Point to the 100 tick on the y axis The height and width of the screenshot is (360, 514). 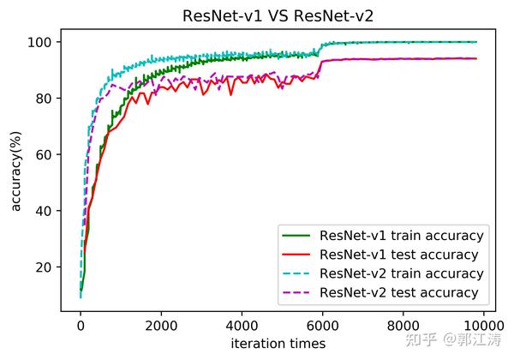[47, 42]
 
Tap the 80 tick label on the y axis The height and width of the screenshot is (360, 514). [51, 99]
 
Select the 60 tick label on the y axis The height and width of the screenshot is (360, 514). [51, 154]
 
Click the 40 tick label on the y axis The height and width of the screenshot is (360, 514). [51, 211]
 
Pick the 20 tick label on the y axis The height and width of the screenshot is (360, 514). [51, 267]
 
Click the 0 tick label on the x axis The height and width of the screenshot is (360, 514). [81, 326]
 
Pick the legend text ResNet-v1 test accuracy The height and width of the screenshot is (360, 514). [398, 255]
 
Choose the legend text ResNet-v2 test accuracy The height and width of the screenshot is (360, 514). [398, 293]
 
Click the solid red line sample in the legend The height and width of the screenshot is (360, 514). [297, 255]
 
